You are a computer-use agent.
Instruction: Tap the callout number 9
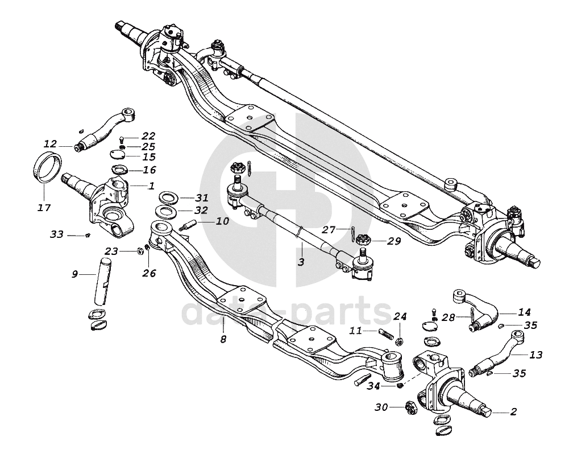74,274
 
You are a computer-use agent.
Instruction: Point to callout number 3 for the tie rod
301,262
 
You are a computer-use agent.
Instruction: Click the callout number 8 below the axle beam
223,340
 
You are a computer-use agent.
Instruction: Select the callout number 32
202,209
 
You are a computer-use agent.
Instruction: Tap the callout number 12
50,143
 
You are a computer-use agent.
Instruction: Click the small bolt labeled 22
123,138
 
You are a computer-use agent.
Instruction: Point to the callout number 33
57,234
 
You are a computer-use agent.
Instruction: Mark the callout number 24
400,316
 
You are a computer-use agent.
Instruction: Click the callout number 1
151,186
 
